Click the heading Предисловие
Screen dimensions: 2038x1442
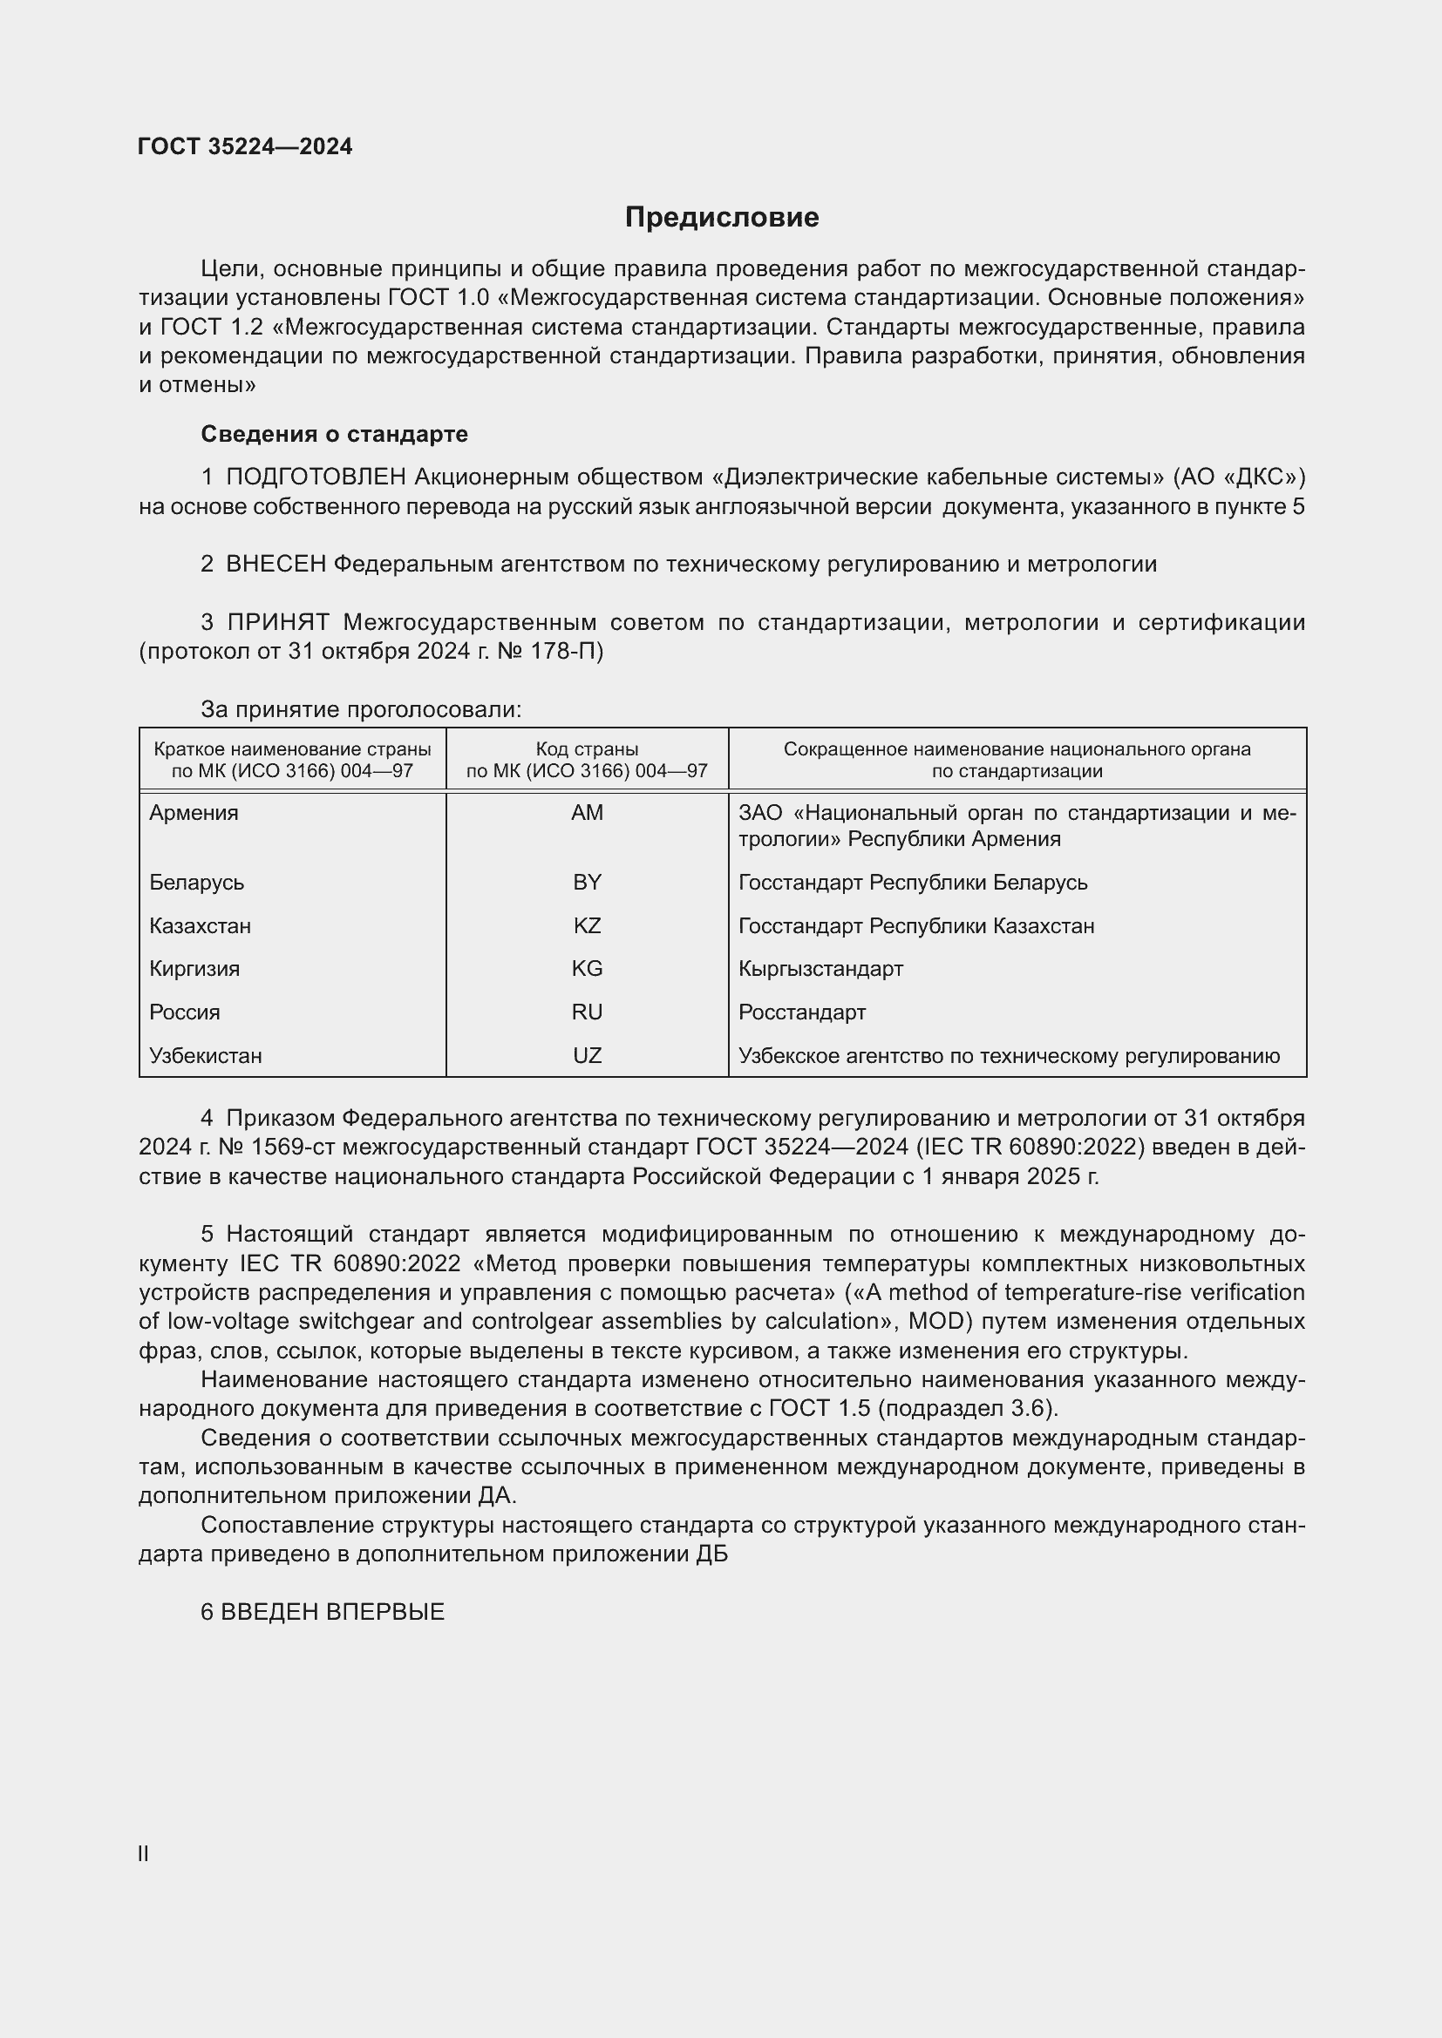721,218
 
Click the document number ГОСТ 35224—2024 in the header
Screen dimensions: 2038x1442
245,146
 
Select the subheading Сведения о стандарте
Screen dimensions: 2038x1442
334,434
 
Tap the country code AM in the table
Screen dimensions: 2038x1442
587,812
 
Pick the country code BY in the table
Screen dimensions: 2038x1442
587,883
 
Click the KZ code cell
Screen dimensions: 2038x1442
587,926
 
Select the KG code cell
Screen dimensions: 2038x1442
587,968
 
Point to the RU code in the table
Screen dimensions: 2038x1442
587,1012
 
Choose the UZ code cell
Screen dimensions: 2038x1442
587,1055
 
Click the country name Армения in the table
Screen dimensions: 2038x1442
194,812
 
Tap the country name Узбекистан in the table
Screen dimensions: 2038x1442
205,1055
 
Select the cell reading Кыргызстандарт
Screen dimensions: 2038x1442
820,968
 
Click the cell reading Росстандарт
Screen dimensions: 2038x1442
802,1012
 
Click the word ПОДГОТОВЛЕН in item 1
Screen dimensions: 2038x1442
316,477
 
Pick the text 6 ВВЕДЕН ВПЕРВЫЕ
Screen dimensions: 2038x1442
323,1612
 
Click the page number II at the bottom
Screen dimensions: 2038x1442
143,1853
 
